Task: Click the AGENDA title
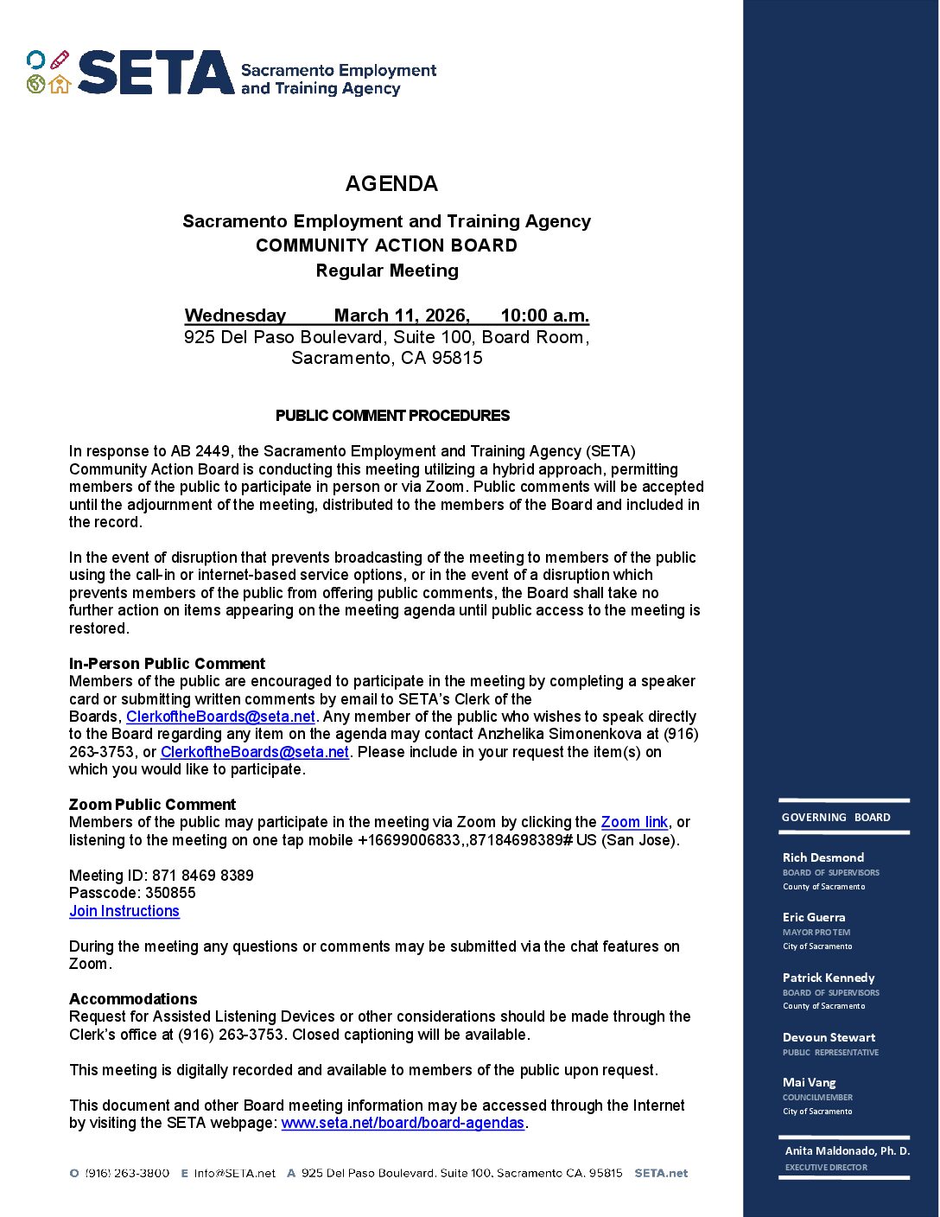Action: coord(391,183)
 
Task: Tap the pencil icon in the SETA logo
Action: coord(59,60)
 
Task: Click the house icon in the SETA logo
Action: coord(60,84)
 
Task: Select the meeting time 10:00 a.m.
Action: coord(544,315)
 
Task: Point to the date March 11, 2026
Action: coord(402,315)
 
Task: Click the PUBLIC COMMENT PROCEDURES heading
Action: coord(392,416)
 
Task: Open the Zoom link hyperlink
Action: coord(634,822)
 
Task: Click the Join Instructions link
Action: coord(124,911)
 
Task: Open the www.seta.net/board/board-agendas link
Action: coord(403,1123)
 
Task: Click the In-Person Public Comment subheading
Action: coord(167,664)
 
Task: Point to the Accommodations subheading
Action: coord(133,999)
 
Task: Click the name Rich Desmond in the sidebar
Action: coord(822,857)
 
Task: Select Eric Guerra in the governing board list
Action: coord(814,917)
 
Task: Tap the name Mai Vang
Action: coord(809,1082)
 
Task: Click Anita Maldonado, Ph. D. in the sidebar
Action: coord(847,1151)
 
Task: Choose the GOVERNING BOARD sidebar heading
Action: coord(835,818)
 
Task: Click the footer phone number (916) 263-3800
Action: coord(127,1173)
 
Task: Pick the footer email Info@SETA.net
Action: coord(234,1173)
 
